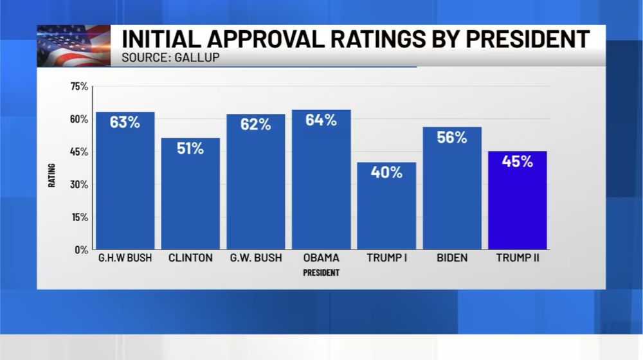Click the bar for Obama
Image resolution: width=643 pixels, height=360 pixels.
pyautogui.click(x=321, y=186)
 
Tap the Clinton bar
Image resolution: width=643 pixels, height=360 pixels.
pyautogui.click(x=190, y=199)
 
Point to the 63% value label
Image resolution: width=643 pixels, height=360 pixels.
pyautogui.click(x=125, y=122)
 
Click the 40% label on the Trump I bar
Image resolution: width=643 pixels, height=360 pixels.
pyautogui.click(x=386, y=172)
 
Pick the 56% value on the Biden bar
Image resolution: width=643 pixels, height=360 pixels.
pyautogui.click(x=452, y=137)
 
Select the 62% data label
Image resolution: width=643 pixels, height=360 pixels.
pyautogui.click(x=256, y=125)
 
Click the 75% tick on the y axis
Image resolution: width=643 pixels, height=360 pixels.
pyautogui.click(x=80, y=86)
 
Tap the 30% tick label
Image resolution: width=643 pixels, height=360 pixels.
pyautogui.click(x=80, y=184)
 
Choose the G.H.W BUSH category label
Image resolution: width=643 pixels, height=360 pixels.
pyautogui.click(x=125, y=258)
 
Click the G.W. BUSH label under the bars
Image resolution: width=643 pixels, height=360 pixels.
pyautogui.click(x=256, y=258)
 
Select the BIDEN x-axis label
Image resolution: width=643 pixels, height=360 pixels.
pyautogui.click(x=452, y=258)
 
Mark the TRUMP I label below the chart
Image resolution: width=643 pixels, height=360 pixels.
pyautogui.click(x=386, y=258)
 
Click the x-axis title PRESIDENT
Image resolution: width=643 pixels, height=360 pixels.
pyautogui.click(x=321, y=273)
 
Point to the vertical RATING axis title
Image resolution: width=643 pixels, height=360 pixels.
pyautogui.click(x=52, y=175)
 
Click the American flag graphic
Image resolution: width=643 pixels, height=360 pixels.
pyautogui.click(x=73, y=45)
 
